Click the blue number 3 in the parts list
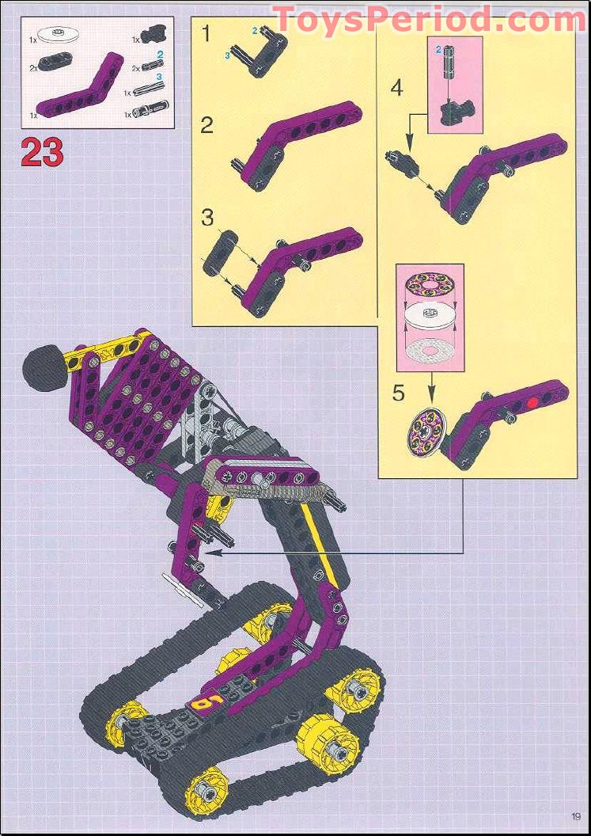(159, 76)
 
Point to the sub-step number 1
(206, 33)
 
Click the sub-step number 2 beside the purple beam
(207, 124)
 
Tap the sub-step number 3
(207, 217)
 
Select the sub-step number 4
(397, 88)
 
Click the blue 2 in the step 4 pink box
(438, 50)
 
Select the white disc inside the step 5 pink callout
(430, 321)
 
